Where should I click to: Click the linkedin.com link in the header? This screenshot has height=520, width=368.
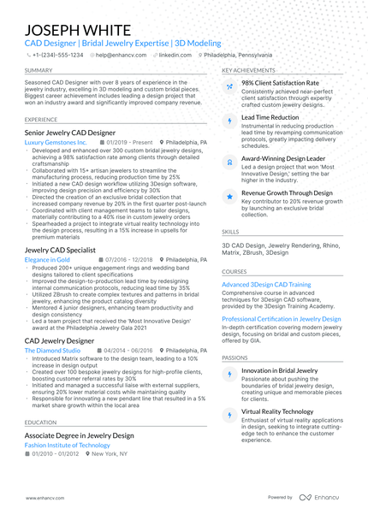point(175,54)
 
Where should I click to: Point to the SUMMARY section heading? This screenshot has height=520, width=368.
point(38,70)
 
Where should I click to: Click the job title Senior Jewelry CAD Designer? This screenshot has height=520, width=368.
point(70,134)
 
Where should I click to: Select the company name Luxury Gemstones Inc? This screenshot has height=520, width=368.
point(56,143)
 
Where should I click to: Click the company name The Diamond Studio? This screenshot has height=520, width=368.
point(53,351)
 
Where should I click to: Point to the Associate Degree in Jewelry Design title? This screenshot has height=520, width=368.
point(80,435)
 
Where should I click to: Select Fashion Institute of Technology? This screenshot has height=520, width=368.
point(68,446)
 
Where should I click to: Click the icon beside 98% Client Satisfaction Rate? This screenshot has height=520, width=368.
point(229,87)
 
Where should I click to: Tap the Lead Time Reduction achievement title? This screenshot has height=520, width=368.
point(270,117)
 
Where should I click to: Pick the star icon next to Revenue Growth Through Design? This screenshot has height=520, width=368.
point(229,197)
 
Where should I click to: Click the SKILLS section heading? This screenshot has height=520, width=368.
point(230,232)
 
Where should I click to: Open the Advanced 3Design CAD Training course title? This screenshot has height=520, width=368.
point(266,284)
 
